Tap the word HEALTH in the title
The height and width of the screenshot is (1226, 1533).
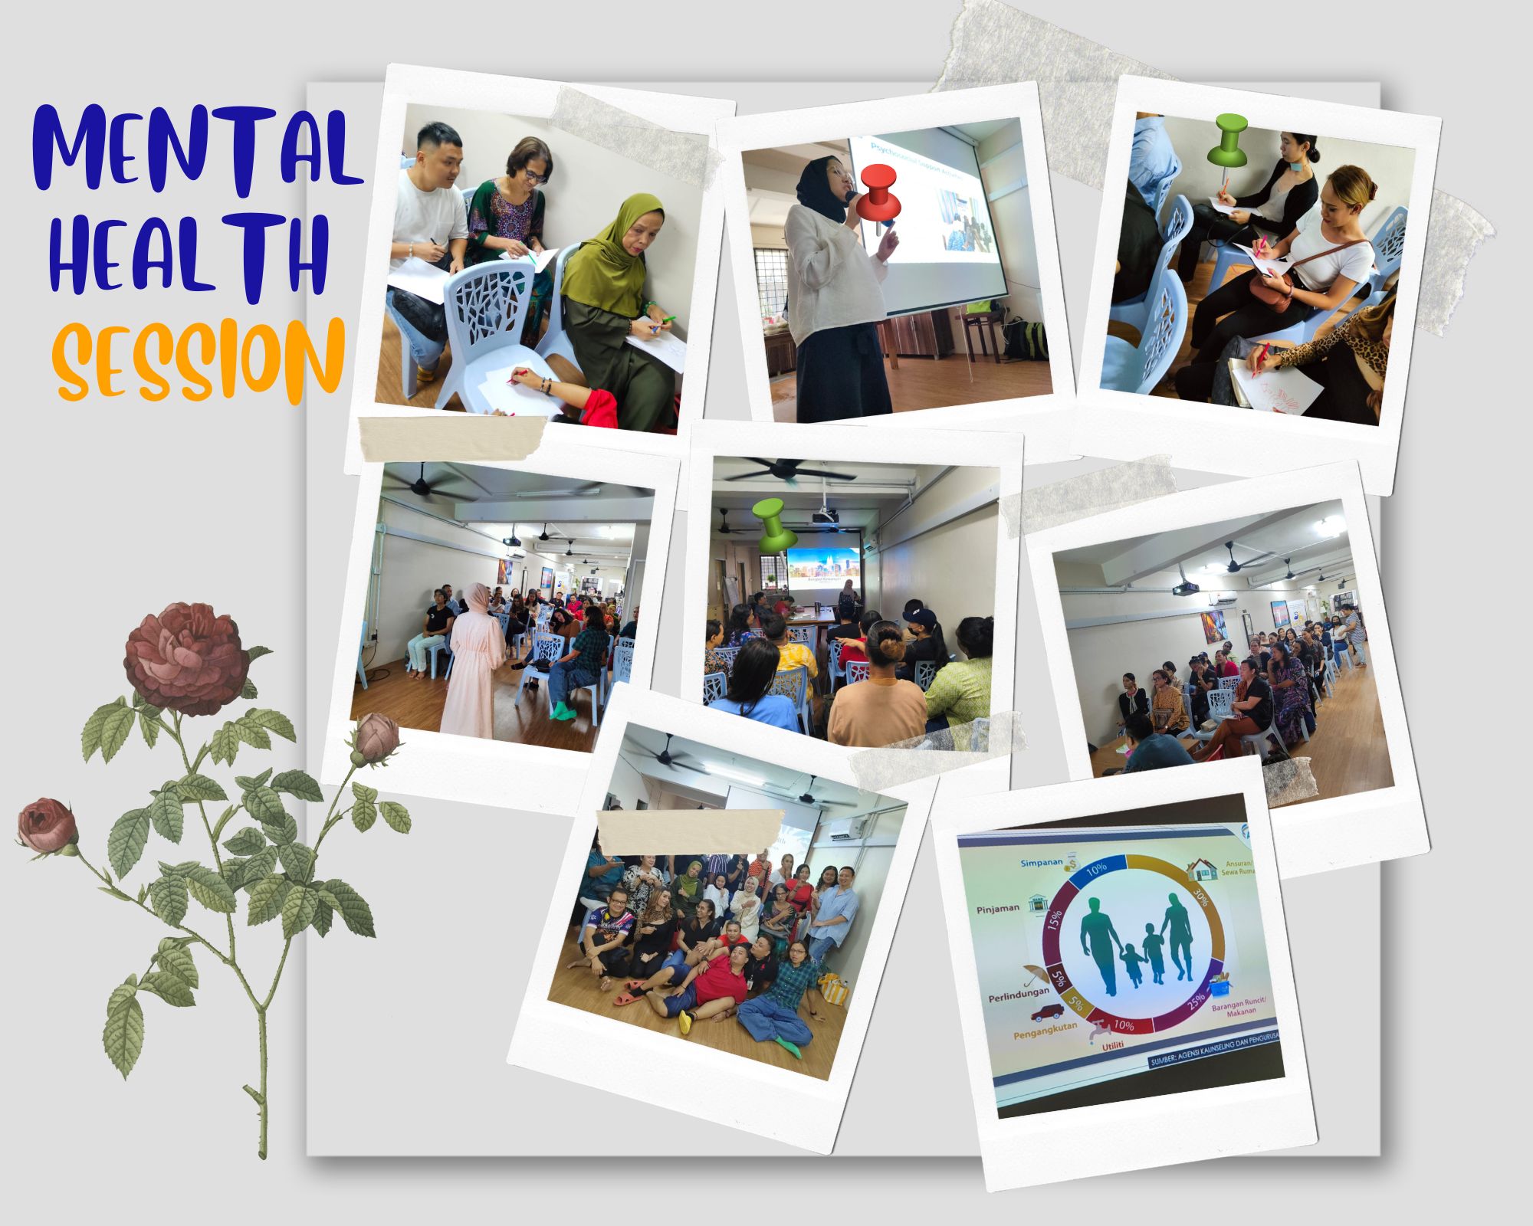click(x=188, y=257)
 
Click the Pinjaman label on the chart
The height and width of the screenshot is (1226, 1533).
click(x=998, y=908)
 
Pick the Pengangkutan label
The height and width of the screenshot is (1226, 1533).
click(x=1046, y=1025)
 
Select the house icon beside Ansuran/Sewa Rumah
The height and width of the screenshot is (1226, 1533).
click(x=1201, y=869)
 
